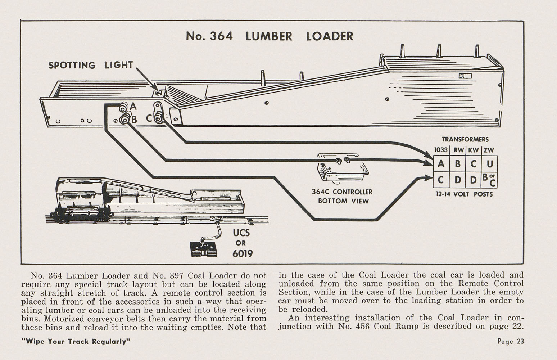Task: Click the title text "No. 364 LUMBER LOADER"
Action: click(x=270, y=36)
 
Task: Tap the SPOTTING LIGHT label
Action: click(x=91, y=65)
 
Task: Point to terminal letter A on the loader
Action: click(x=133, y=106)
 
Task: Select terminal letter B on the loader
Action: click(x=134, y=119)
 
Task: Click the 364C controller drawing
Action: click(x=342, y=169)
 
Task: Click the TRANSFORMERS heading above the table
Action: click(x=465, y=139)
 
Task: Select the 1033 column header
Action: click(x=441, y=150)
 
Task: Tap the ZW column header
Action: click(x=489, y=150)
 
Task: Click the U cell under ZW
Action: click(x=489, y=164)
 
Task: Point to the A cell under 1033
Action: click(x=441, y=164)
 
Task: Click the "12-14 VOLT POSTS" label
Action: click(x=464, y=194)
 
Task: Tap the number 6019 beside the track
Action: click(x=242, y=253)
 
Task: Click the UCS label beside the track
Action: click(x=241, y=233)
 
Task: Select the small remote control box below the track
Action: click(x=203, y=249)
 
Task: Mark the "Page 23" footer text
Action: click(x=511, y=341)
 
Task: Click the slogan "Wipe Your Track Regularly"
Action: click(x=76, y=341)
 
